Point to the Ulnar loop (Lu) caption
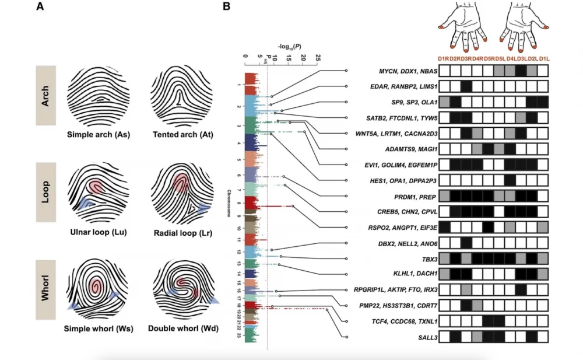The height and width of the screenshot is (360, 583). coord(98,232)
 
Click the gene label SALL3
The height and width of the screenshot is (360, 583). coord(420,337)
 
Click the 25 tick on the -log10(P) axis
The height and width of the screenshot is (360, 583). coord(317,58)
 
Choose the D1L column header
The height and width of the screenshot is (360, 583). coord(543,58)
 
